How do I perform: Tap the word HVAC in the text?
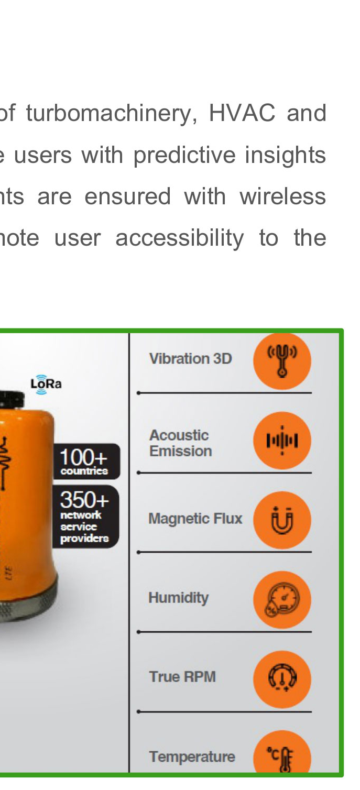[242, 113]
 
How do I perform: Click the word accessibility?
[179, 239]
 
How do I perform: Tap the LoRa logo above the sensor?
[46, 383]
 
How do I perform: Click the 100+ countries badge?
[86, 462]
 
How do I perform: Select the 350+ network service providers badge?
[86, 517]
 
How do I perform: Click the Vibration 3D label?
[190, 359]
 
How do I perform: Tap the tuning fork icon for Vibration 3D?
[282, 361]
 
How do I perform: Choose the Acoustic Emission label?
[180, 443]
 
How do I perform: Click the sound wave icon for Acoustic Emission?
[282, 440]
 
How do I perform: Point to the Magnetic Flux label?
[195, 519]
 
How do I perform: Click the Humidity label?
[179, 598]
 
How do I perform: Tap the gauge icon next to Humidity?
[282, 599]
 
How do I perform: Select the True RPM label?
[182, 677]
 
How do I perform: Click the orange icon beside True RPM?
[282, 679]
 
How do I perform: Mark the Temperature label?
[192, 756]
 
